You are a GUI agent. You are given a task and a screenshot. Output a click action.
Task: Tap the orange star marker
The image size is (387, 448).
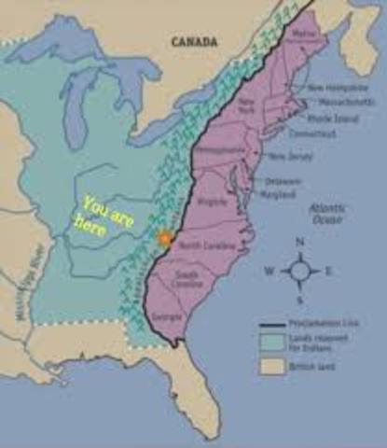tap(165, 238)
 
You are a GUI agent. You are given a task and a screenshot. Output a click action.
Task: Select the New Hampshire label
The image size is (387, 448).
tap(331, 88)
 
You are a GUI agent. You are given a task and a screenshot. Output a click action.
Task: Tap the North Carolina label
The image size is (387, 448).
tap(203, 245)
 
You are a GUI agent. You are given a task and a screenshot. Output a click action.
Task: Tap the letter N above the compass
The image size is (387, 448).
tap(300, 242)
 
